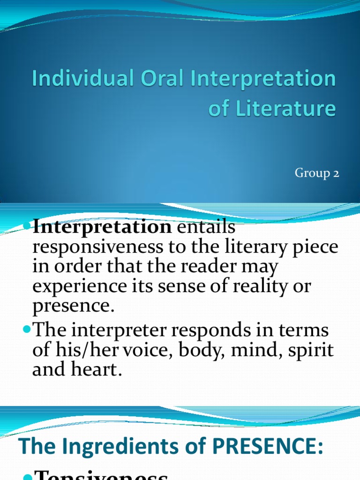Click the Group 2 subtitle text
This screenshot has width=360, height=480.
(316, 173)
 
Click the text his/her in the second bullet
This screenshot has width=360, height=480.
(80, 351)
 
